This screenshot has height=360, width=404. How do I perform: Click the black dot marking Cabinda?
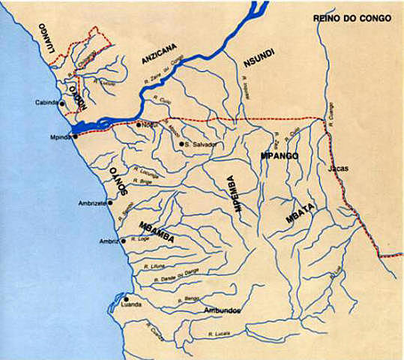pos(62,103)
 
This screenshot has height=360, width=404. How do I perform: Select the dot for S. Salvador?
pos(181,143)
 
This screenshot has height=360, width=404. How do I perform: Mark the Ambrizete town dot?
pos(110,202)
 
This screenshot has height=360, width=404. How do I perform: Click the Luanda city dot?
pos(127,298)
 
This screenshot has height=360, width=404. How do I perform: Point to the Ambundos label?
pos(223,309)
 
